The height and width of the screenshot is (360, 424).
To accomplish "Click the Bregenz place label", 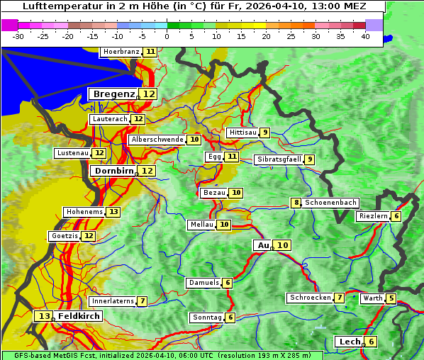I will [x=113, y=94].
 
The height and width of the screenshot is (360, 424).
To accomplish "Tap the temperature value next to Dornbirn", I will [x=147, y=171].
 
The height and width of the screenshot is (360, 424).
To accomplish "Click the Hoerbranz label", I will [x=120, y=52].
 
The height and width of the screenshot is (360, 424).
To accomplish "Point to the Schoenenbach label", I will [x=330, y=203].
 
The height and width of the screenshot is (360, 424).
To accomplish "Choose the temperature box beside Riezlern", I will [x=396, y=216].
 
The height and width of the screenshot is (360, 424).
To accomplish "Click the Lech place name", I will [x=350, y=342].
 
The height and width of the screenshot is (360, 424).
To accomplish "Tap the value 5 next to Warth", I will [x=391, y=298].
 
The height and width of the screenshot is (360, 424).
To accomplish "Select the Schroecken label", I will [x=309, y=298].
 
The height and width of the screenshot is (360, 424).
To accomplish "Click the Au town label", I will [x=262, y=245].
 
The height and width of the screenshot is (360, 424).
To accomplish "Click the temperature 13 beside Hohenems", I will [x=113, y=212].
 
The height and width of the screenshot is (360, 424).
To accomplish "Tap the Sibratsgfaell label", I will [x=279, y=159].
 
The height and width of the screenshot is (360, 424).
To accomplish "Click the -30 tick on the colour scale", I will [x=18, y=36].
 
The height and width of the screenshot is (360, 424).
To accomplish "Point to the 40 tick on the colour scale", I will [x=365, y=36].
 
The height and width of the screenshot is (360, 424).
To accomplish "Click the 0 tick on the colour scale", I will [x=167, y=36].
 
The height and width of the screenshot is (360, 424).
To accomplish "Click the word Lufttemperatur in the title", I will [x=55, y=6].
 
